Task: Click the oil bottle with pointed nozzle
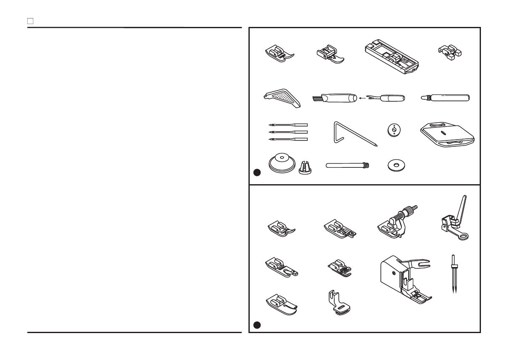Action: coord(446,98)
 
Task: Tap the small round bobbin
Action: coord(393,130)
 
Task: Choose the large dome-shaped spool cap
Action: coord(280,164)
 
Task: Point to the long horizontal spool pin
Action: coord(347,167)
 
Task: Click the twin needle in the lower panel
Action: coord(453,273)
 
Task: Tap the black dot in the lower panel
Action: coord(257,325)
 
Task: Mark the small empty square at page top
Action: coord(30,20)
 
